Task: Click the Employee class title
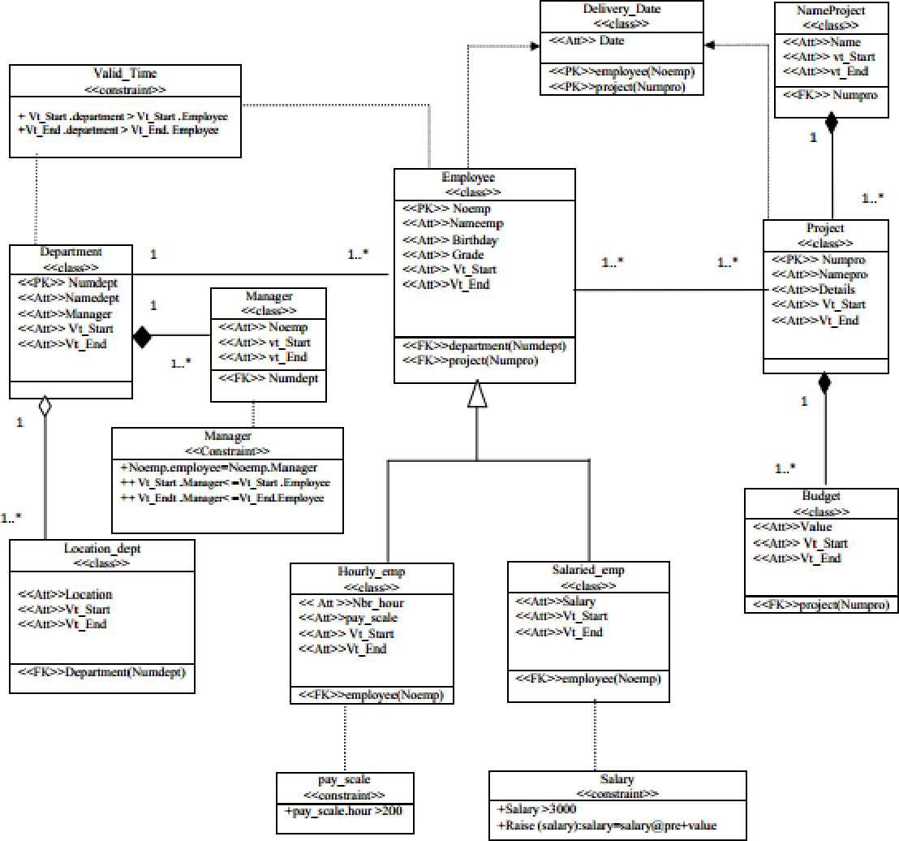pyautogui.click(x=468, y=177)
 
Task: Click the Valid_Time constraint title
pyautogui.click(x=125, y=73)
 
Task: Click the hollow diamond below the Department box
pyautogui.click(x=45, y=406)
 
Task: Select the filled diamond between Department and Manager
pyautogui.click(x=142, y=337)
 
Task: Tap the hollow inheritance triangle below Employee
pyautogui.click(x=477, y=394)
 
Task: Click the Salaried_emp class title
pyautogui.click(x=588, y=570)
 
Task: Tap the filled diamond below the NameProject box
pyautogui.click(x=831, y=123)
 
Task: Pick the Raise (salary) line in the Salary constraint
pyautogui.click(x=607, y=826)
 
